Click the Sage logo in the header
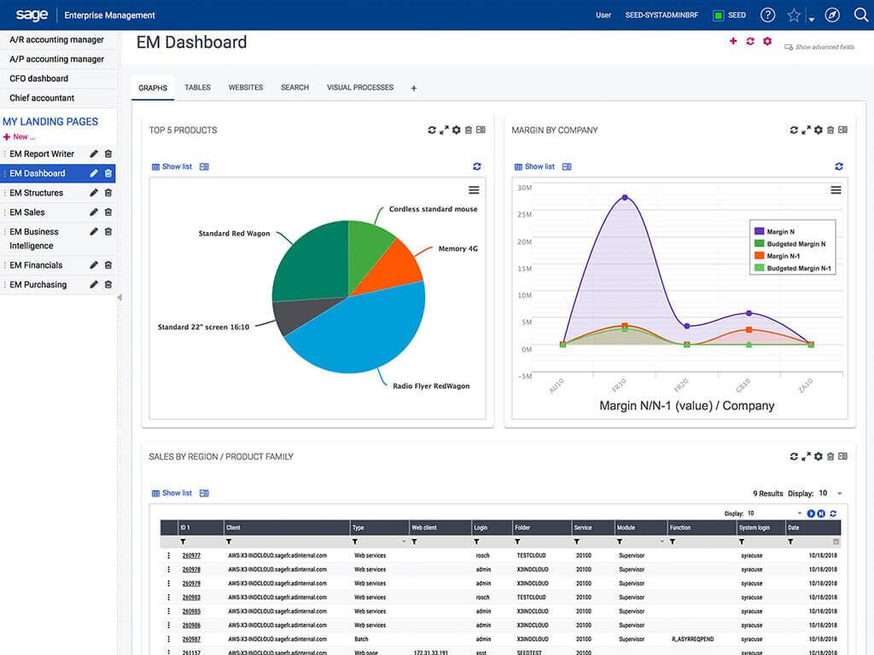click(x=32, y=14)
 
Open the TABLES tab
click(x=197, y=88)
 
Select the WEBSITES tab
click(x=246, y=88)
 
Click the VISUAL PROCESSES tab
click(x=360, y=88)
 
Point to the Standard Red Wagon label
click(x=234, y=234)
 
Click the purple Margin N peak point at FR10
click(x=625, y=198)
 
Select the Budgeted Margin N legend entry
click(x=795, y=244)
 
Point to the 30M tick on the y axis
click(x=525, y=188)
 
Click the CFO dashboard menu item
click(x=38, y=78)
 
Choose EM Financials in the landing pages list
click(x=36, y=265)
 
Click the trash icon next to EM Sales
click(x=108, y=212)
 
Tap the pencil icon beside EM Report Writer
click(x=94, y=154)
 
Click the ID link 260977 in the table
click(x=191, y=555)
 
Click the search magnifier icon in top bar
click(x=860, y=14)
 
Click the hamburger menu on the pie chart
click(x=474, y=190)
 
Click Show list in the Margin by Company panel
click(x=539, y=166)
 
